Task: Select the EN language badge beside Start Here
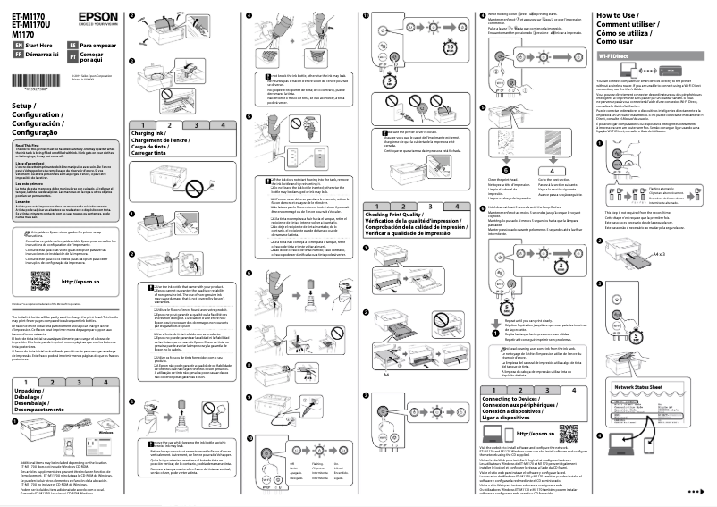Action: point(18,44)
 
